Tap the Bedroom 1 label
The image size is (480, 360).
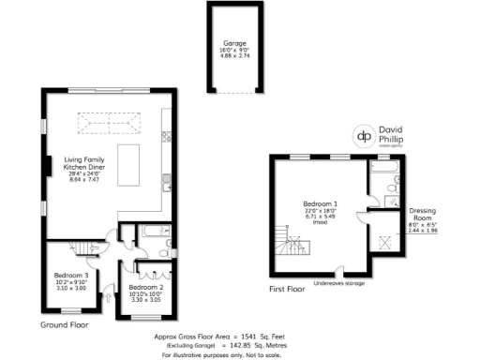coord(322,209)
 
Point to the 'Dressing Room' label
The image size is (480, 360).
coord(424,215)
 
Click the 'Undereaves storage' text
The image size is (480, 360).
coord(339,281)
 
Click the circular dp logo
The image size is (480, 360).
coord(362,135)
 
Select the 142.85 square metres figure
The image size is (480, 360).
coord(241,345)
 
